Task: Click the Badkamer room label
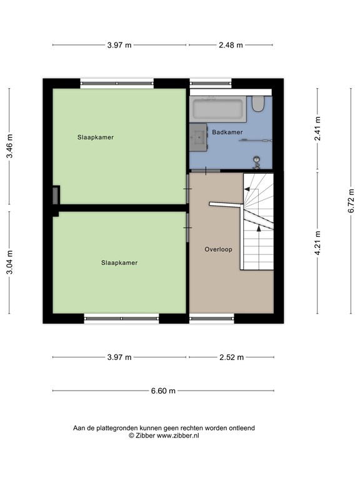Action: coord(227,132)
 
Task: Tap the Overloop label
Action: coord(218,249)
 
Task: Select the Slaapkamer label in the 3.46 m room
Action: coord(96,137)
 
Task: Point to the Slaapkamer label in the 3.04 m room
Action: coord(119,263)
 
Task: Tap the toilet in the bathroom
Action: coord(258,104)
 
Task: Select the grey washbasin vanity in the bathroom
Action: coord(199,137)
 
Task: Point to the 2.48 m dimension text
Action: coord(231,45)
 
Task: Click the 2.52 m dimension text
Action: coord(231,357)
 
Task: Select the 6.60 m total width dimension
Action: coord(162,391)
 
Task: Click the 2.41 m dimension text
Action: coord(317,129)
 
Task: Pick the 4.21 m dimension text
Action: coord(317,242)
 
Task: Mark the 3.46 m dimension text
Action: coord(10,146)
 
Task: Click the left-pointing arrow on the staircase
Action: coord(251,190)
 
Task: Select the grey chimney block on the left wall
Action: coord(56,195)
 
